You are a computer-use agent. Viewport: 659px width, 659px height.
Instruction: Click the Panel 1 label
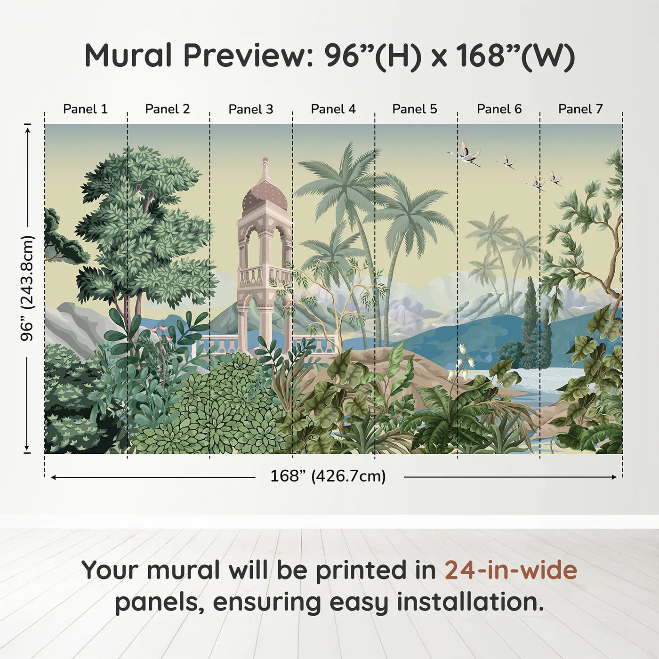85,109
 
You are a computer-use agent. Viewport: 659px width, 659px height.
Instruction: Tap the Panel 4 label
333,109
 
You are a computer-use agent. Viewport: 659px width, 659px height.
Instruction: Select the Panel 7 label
580,109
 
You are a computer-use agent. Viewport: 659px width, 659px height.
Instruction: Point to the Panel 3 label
251,109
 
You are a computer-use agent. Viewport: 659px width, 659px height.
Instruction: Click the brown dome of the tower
265,198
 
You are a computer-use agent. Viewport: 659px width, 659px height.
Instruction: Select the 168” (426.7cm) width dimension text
328,476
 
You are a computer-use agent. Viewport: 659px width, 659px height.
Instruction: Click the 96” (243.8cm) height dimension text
27,288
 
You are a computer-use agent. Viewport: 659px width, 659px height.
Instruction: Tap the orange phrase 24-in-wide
511,571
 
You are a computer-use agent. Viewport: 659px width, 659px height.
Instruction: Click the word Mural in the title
128,56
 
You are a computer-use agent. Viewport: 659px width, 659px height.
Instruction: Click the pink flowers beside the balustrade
162,332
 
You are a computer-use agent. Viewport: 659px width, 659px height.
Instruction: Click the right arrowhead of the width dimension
614,477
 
